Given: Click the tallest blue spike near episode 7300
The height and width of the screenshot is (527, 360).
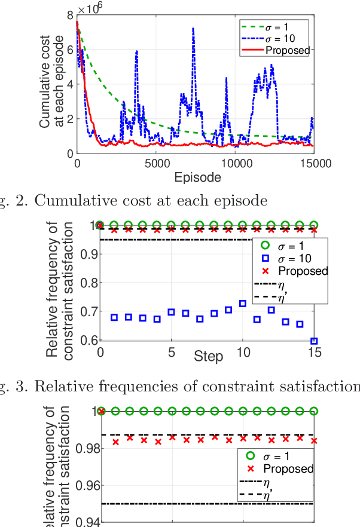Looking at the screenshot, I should pos(193,28).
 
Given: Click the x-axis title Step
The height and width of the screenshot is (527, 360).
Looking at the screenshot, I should pos(208,357).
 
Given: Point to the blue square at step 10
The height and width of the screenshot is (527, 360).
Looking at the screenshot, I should pos(243,304).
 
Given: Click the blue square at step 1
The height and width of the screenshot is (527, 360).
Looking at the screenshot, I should pos(114,317).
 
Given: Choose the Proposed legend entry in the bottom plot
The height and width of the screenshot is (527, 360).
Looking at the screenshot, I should pos(287,469).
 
